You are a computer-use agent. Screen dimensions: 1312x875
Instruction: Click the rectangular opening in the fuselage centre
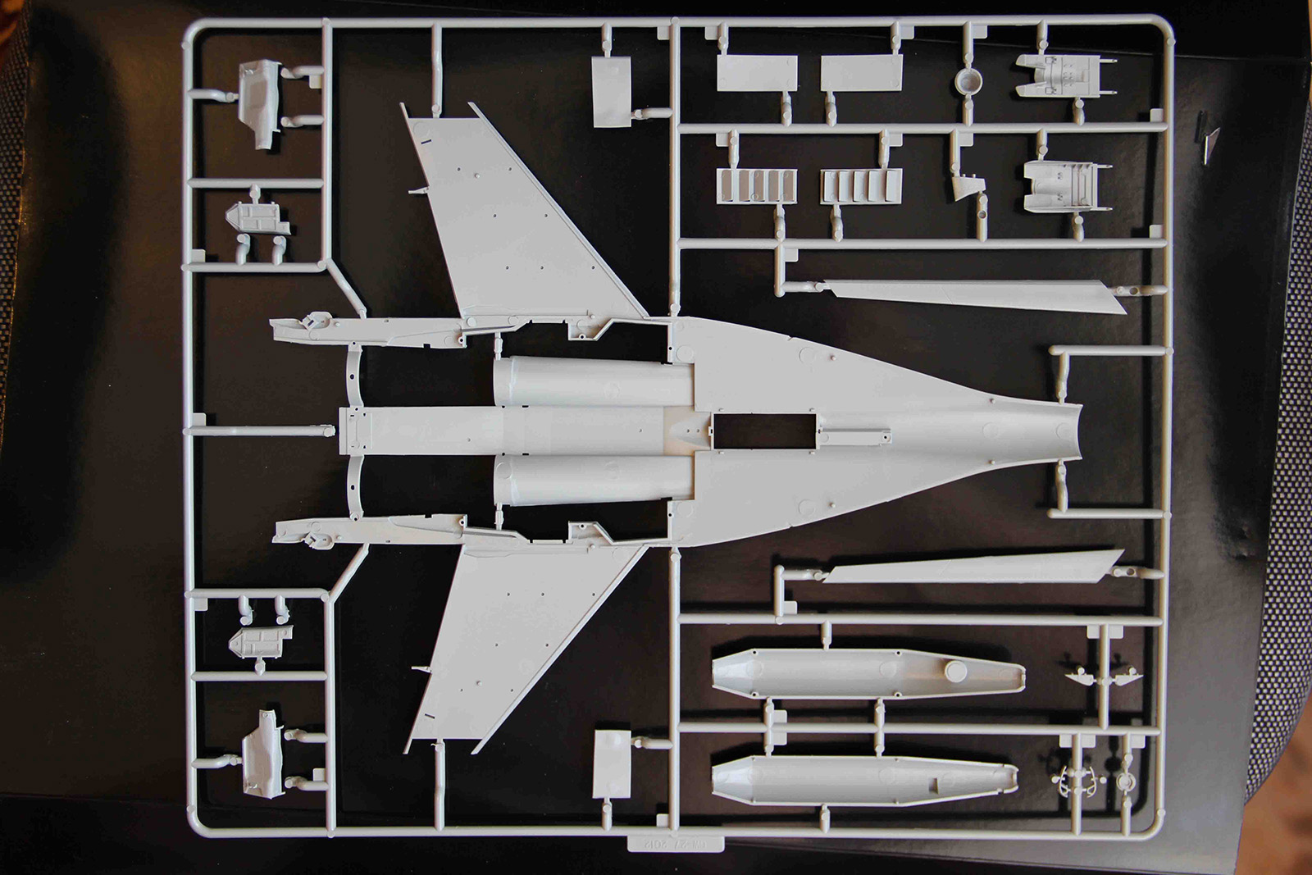click(764, 431)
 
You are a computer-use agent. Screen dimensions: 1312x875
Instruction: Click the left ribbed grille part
click(756, 185)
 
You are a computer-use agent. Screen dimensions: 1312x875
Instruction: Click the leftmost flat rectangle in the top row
click(756, 73)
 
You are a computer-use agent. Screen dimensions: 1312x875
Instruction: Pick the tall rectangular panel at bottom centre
click(611, 764)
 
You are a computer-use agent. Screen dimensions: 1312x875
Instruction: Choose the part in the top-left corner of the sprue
click(261, 103)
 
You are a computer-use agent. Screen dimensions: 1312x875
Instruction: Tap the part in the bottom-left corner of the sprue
click(264, 753)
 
